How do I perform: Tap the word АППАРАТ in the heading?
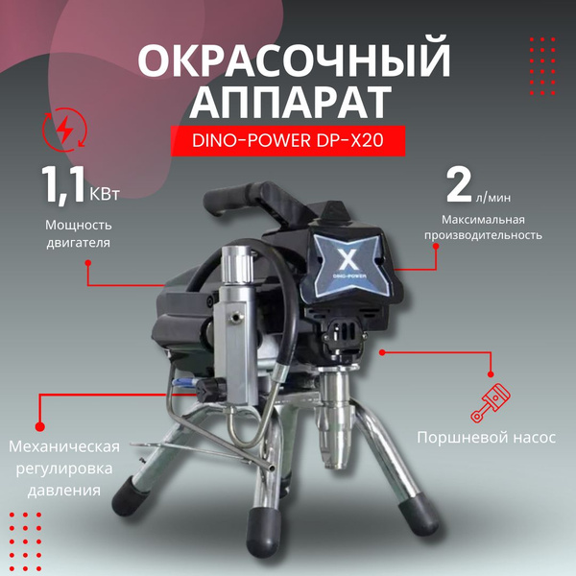click(x=290, y=102)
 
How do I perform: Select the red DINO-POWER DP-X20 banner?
click(x=288, y=141)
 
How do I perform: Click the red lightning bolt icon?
click(x=64, y=130)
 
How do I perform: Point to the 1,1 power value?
click(x=64, y=184)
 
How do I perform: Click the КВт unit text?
click(x=105, y=194)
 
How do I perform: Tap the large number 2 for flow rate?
click(x=459, y=186)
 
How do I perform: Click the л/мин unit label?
click(x=493, y=198)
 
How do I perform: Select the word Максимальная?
click(x=483, y=220)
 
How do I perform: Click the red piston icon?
click(x=491, y=403)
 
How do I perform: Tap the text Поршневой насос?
click(x=487, y=438)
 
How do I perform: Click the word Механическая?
click(x=64, y=446)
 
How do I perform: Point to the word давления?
click(x=64, y=491)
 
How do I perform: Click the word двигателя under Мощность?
click(x=79, y=243)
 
